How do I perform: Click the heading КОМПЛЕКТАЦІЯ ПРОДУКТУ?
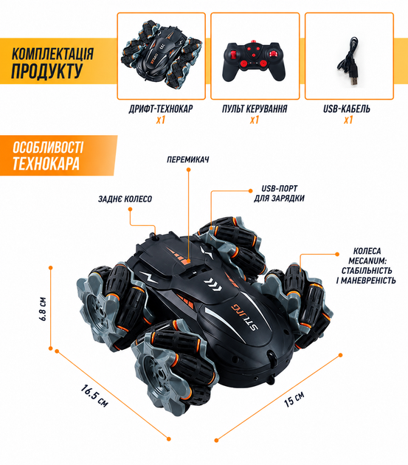click(52, 63)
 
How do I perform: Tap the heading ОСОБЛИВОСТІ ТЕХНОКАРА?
click(48, 156)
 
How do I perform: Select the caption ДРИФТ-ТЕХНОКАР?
click(161, 108)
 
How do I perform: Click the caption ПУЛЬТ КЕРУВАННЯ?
click(255, 108)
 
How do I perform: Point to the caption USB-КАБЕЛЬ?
click(347, 108)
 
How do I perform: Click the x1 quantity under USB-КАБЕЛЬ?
click(348, 120)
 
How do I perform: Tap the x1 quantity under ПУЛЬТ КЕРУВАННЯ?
click(255, 120)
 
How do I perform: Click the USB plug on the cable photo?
click(353, 77)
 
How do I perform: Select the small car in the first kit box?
click(161, 54)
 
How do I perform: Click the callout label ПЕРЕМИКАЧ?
click(188, 159)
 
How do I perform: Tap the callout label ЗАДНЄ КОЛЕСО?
click(125, 199)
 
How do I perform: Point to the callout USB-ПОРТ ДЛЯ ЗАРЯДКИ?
click(279, 193)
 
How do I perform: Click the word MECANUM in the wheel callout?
click(367, 261)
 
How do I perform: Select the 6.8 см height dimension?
click(43, 309)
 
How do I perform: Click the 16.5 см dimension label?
click(94, 396)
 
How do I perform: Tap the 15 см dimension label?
click(294, 399)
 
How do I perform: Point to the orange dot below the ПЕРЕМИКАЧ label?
click(188, 170)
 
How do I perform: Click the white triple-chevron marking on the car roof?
click(212, 283)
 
